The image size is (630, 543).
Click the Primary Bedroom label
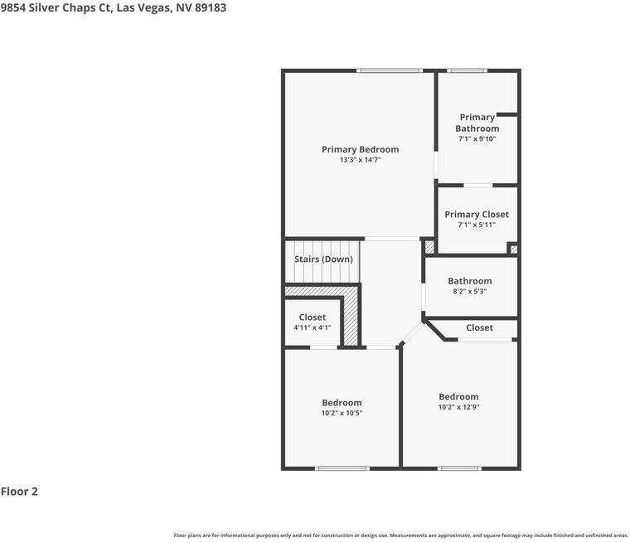360,149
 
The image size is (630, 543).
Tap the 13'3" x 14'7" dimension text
360,159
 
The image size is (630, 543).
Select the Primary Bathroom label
477,123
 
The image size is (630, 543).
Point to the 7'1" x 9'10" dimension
477,138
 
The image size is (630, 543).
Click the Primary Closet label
477,215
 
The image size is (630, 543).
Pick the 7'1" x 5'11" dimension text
477,225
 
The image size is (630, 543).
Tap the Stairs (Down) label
323,259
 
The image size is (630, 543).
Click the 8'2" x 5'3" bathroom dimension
470,291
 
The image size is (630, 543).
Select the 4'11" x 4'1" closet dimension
313,327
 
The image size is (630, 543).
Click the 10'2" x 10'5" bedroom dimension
342,413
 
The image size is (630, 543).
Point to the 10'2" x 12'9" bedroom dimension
458,407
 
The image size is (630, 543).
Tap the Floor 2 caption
19,492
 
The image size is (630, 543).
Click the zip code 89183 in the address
211,7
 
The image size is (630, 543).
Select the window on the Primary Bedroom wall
390,70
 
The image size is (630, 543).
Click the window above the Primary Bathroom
467,70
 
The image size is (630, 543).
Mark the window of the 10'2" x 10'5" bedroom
342,468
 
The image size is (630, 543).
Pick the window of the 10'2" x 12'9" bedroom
459,468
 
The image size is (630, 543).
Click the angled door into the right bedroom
413,333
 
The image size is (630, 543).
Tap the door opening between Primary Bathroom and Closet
478,186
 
